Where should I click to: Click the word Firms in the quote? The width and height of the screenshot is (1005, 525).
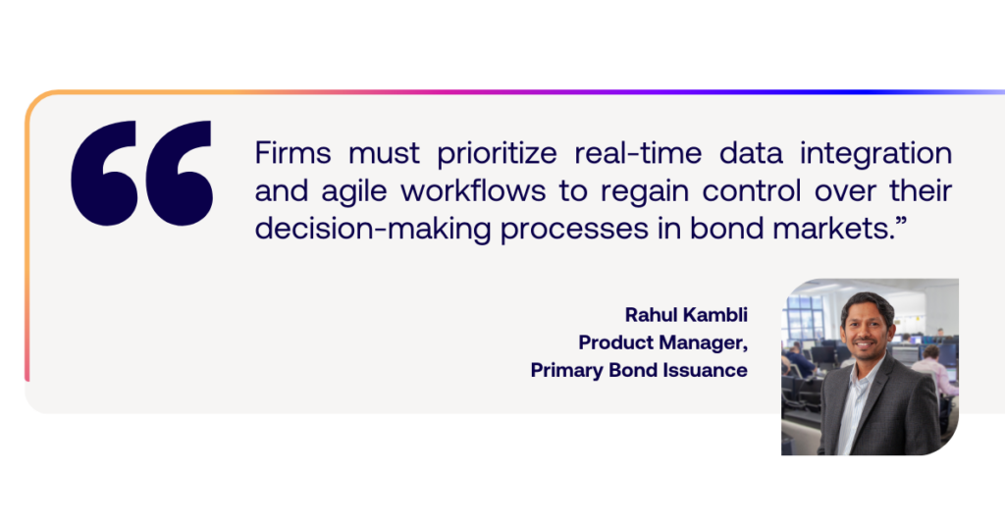point(292,153)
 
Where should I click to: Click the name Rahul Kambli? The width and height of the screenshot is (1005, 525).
point(686,315)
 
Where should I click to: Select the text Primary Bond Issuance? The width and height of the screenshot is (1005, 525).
point(639,371)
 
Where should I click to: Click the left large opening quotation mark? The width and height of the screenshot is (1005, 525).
point(104,173)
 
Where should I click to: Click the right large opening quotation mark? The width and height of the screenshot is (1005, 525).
point(180,173)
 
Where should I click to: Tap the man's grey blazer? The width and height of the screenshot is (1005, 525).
point(881,410)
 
